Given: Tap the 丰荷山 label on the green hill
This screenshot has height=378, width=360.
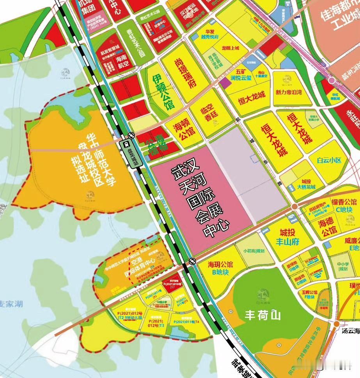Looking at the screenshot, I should click(262, 315).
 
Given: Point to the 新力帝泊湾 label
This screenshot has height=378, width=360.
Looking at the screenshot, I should click(289, 93).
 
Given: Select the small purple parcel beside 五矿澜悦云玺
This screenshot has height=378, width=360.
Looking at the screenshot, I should click(225, 82).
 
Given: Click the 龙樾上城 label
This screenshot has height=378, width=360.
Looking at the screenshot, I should click(230, 48).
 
